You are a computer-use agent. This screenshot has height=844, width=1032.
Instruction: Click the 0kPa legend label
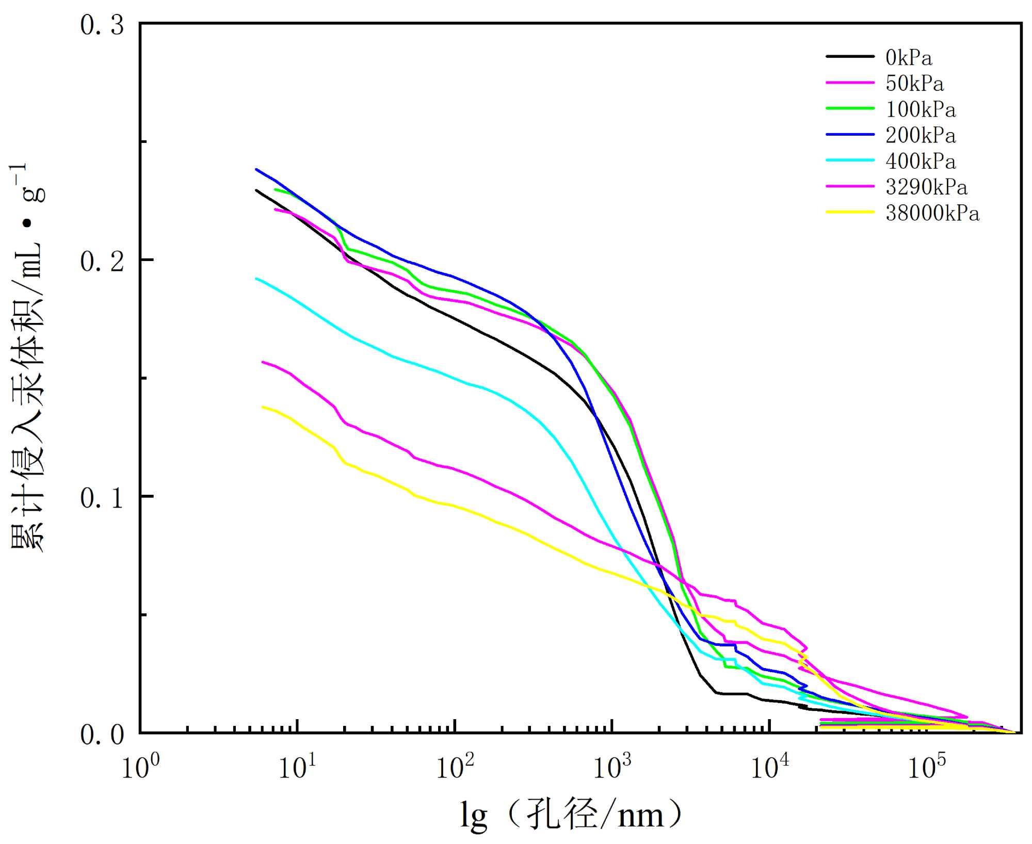pyautogui.click(x=909, y=58)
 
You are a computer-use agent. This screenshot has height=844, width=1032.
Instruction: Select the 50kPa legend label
pyautogui.click(x=914, y=84)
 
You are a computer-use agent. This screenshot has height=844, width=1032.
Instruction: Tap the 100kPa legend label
pyautogui.click(x=921, y=109)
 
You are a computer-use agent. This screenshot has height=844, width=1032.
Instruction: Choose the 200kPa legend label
pyautogui.click(x=921, y=135)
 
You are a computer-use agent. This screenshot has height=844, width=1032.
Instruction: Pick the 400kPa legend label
pyautogui.click(x=921, y=161)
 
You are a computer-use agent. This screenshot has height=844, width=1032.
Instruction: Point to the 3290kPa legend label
pyautogui.click(x=926, y=187)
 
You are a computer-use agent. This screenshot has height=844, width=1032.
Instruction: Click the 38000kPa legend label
pyautogui.click(x=932, y=213)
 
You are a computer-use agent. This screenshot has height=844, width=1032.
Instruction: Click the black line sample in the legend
pyautogui.click(x=850, y=56)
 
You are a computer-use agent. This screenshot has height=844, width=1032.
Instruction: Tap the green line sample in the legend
pyautogui.click(x=850, y=108)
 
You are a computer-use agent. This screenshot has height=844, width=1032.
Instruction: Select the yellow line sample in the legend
pyautogui.click(x=850, y=212)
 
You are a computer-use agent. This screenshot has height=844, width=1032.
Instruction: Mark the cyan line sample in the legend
pyautogui.click(x=850, y=160)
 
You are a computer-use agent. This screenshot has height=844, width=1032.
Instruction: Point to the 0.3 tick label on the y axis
pyautogui.click(x=102, y=25)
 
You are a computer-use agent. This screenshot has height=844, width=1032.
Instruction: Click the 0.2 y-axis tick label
pyautogui.click(x=102, y=261)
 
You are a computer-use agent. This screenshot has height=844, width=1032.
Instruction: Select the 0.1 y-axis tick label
pyautogui.click(x=102, y=498)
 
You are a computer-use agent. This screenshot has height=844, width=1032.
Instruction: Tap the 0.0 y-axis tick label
pyautogui.click(x=102, y=734)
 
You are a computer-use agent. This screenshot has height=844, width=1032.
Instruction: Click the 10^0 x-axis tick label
pyautogui.click(x=140, y=767)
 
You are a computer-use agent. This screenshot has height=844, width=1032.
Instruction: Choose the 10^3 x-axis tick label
pyautogui.click(x=612, y=767)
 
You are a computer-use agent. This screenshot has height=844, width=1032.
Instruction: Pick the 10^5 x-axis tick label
pyautogui.click(x=927, y=767)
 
